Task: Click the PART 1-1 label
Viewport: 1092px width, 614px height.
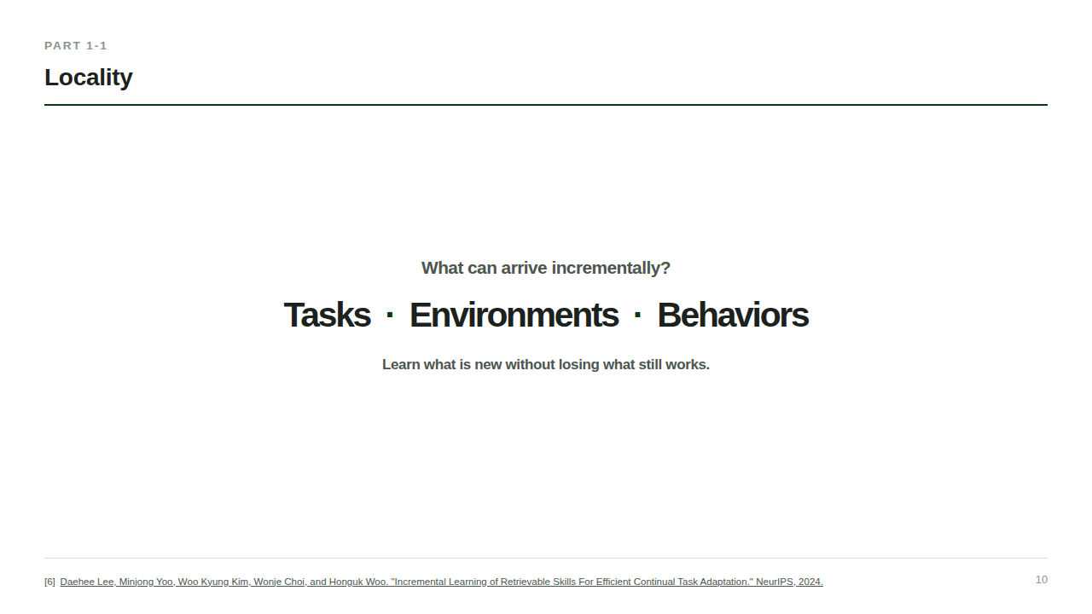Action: (76, 46)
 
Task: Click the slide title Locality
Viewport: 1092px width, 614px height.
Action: (88, 78)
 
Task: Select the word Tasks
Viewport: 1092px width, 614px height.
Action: (327, 315)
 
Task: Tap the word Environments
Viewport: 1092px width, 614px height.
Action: (514, 315)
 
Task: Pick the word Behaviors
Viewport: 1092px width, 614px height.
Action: (733, 315)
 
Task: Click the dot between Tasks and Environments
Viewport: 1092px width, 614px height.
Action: (390, 315)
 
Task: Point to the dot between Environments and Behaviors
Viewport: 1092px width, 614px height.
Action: (637, 315)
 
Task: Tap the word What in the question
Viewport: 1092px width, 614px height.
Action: (442, 268)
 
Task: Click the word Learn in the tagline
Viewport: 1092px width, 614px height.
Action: (401, 364)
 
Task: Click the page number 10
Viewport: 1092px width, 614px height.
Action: (1042, 580)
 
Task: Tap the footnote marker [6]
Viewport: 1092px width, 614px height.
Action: (49, 582)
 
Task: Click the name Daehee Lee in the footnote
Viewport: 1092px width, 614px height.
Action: (87, 582)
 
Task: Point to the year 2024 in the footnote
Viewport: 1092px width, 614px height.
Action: (810, 582)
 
